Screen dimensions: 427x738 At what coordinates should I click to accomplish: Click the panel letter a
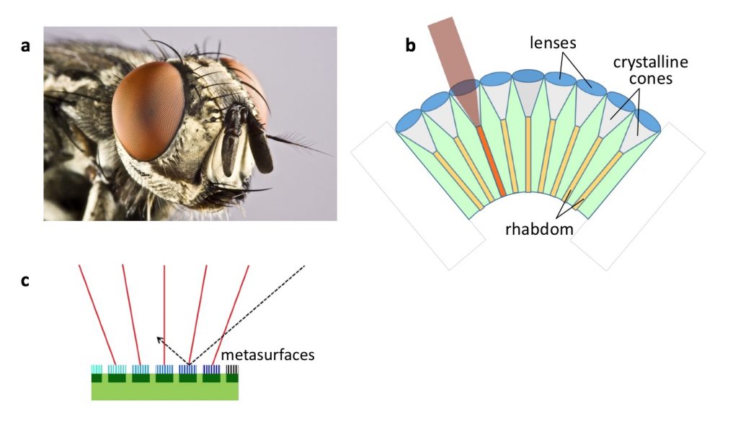26,46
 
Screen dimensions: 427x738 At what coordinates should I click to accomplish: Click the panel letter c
25,281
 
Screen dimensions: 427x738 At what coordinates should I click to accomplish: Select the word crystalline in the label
650,63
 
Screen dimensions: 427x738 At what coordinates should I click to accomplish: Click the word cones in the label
650,78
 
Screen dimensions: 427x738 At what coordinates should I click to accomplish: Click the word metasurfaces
267,355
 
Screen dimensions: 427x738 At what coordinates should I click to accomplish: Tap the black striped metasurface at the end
233,369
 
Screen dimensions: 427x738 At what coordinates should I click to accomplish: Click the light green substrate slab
164,391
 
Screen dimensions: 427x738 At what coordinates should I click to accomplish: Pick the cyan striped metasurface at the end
97,369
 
